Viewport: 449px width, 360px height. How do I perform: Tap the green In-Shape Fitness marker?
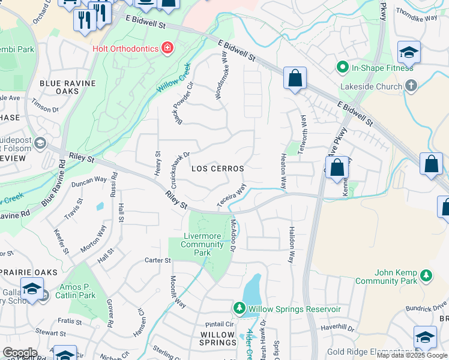[343, 67]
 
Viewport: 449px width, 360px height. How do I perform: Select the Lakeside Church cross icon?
[411, 86]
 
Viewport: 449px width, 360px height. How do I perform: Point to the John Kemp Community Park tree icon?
[426, 275]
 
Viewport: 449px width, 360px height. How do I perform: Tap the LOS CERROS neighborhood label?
[217, 169]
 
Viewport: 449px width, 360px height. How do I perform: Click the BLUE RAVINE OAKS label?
[59, 86]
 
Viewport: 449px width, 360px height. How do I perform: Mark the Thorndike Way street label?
[420, 18]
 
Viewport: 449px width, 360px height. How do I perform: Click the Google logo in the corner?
[19, 353]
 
